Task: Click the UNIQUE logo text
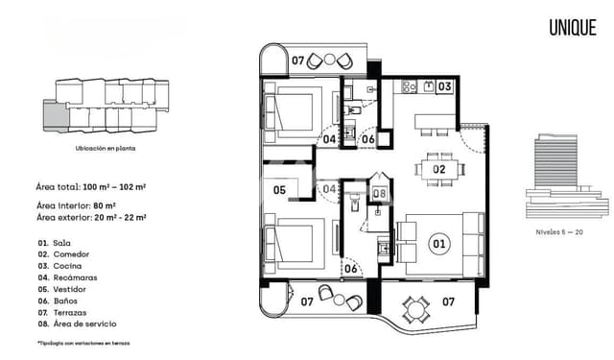573,28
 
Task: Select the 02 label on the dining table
439,170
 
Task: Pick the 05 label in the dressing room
280,190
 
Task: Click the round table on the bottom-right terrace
416,309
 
